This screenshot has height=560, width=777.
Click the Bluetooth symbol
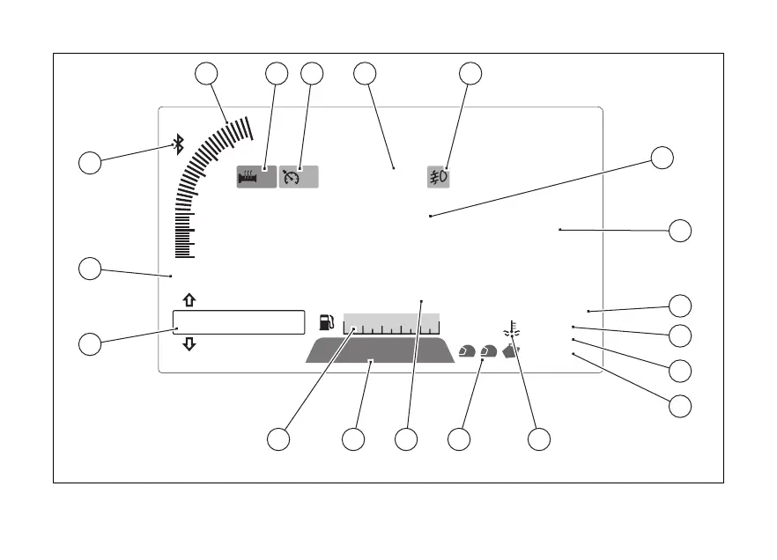click(x=178, y=144)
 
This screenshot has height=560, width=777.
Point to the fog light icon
click(x=439, y=176)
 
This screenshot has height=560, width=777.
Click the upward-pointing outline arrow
click(x=189, y=300)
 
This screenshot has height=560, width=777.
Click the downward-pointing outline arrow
click(x=189, y=344)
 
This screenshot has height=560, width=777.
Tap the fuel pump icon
click(x=327, y=323)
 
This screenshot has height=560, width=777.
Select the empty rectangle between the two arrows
click(x=238, y=322)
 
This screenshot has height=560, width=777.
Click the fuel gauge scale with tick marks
click(x=391, y=324)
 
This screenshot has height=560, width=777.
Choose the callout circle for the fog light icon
click(x=470, y=74)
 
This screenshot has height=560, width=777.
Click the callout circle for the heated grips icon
click(x=277, y=74)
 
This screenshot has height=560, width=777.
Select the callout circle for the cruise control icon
click(x=312, y=74)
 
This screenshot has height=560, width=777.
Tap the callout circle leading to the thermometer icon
click(x=539, y=438)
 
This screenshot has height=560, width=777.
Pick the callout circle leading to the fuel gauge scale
click(x=278, y=438)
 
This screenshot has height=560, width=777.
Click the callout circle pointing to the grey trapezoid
click(x=353, y=438)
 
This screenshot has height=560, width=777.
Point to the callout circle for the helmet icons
click(x=459, y=438)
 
